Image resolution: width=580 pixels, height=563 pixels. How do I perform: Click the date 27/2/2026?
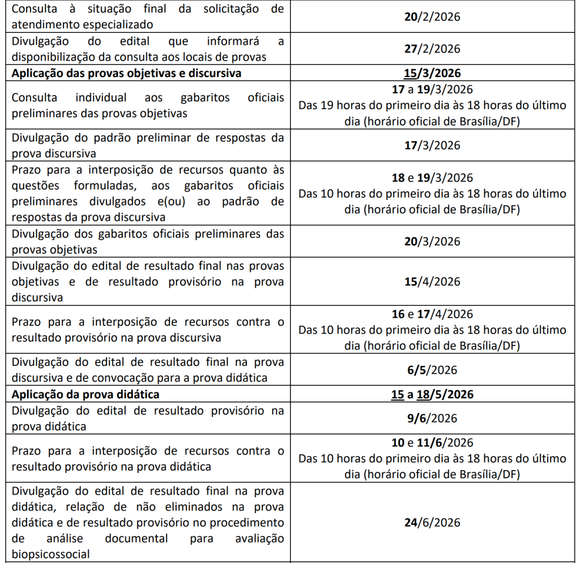[433, 49]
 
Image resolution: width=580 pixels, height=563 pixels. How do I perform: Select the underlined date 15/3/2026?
[433, 74]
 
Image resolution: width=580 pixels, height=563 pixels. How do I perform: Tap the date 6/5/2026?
[433, 370]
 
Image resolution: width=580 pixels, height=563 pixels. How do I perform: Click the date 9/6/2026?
[433, 419]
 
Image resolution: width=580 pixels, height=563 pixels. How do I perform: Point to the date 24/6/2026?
[433, 523]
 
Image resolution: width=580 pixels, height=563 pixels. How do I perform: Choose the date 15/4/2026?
[433, 281]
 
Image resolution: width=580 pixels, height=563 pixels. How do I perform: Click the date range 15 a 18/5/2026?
[433, 394]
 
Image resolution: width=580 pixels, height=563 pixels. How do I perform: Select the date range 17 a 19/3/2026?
[433, 89]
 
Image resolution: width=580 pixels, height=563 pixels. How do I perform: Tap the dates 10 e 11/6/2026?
[433, 443]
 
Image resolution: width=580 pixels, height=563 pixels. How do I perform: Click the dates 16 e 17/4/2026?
[433, 314]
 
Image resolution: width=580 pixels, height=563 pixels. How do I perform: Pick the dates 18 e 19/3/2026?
[433, 178]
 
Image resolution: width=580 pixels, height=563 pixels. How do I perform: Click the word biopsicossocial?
[50, 554]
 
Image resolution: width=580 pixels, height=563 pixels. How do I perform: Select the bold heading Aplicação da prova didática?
[86, 394]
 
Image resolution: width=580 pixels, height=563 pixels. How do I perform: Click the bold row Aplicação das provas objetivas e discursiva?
[126, 74]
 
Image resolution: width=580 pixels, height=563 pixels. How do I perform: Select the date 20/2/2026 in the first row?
[433, 16]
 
